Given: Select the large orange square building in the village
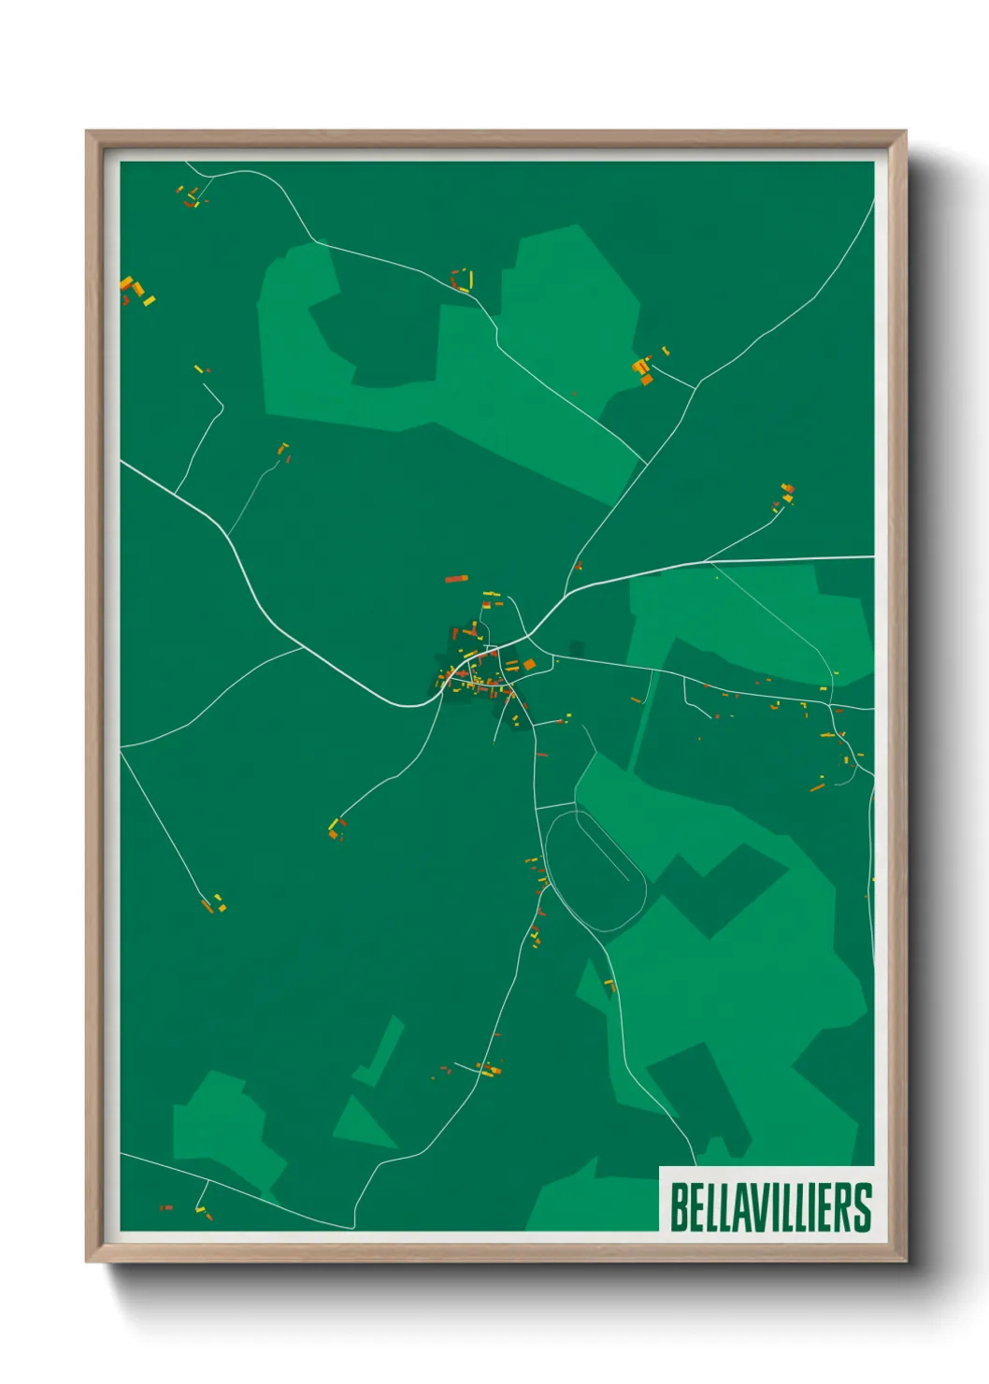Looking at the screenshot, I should (x=529, y=665).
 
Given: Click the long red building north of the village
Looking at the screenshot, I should (x=455, y=579).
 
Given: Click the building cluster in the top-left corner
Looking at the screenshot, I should (x=190, y=196).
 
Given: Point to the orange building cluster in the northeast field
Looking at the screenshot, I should (x=642, y=368).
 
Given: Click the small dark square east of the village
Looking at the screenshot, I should (x=577, y=648).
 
